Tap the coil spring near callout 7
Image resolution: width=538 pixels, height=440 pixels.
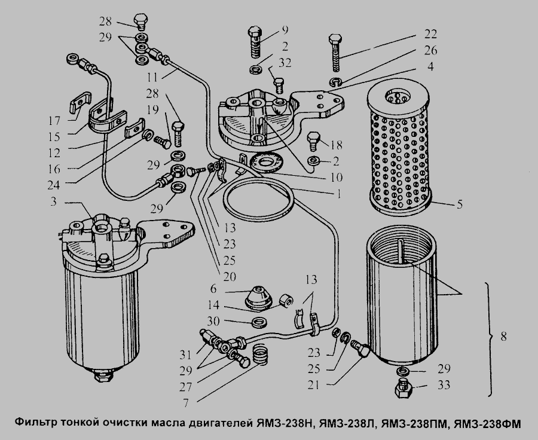[261, 355]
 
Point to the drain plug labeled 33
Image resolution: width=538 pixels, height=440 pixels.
[404, 389]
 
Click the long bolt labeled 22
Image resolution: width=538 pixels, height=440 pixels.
[335, 53]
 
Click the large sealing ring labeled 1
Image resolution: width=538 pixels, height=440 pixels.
[258, 200]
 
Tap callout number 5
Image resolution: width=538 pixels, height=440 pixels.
[459, 204]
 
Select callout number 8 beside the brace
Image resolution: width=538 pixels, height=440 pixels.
[503, 336]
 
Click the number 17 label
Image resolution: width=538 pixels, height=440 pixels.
[54, 121]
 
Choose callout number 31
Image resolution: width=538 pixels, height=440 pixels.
[185, 355]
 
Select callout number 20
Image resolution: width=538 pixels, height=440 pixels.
[229, 276]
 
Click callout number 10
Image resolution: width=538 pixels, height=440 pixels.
[337, 177]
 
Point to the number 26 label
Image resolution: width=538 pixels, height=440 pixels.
[430, 50]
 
